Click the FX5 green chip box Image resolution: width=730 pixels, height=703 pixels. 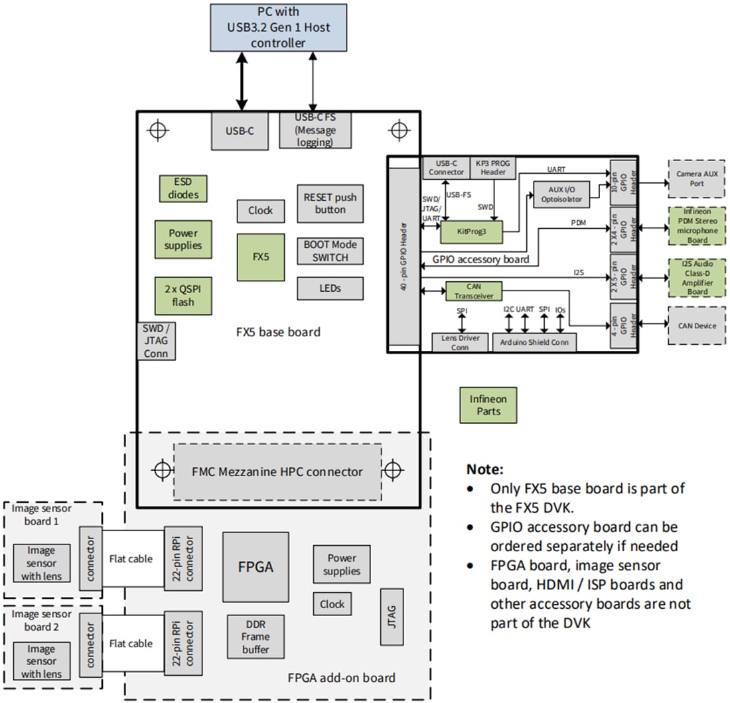(261, 257)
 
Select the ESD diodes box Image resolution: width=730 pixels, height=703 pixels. (182, 188)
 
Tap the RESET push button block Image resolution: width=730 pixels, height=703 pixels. (330, 204)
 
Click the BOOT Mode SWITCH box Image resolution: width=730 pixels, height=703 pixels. (330, 251)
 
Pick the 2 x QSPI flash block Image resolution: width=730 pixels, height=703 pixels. (183, 296)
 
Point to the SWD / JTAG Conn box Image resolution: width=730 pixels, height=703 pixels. (156, 341)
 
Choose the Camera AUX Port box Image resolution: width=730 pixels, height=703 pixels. (696, 178)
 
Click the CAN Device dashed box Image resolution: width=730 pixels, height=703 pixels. (696, 325)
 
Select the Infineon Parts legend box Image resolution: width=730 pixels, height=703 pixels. (488, 405)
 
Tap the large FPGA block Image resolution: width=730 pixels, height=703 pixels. (256, 566)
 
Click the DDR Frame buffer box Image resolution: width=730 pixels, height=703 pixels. (256, 636)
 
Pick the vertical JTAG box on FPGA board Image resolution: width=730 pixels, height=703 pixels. (392, 616)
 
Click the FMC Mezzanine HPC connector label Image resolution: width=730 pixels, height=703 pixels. (277, 472)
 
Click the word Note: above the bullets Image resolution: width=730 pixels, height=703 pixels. (485, 468)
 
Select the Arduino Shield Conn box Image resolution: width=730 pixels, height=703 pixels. (534, 342)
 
